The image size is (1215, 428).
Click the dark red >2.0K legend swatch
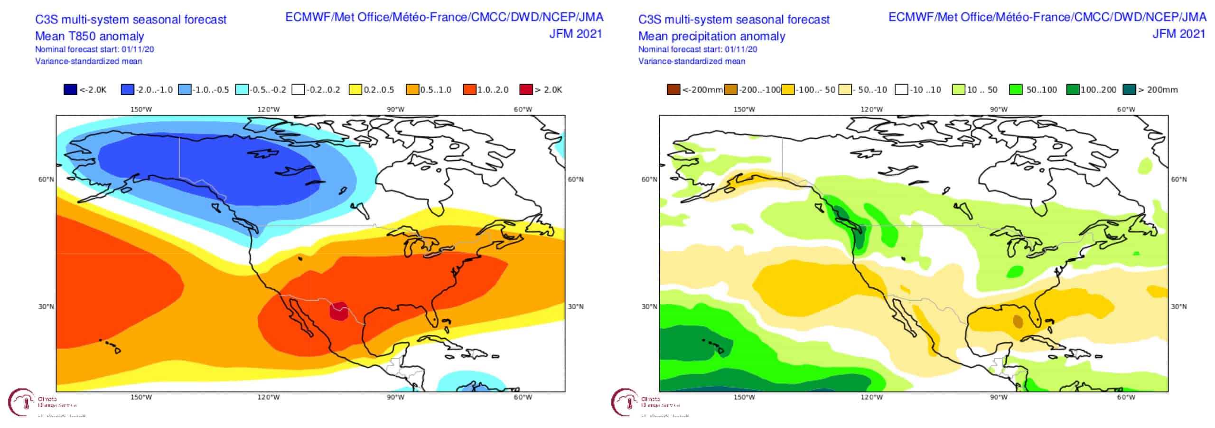point(526,89)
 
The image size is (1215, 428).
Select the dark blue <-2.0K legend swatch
point(70,89)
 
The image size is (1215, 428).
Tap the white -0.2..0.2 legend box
point(299,89)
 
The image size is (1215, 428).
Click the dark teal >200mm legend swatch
point(1130,89)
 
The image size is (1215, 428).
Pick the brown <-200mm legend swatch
point(673,89)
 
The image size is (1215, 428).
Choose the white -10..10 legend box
point(901,89)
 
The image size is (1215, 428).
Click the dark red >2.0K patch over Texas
point(338,311)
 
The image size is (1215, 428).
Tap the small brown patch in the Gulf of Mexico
point(1018,322)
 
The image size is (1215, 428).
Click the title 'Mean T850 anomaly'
point(89,36)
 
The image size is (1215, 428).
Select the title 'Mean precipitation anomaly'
point(711,36)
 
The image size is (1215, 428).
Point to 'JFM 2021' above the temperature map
point(575,34)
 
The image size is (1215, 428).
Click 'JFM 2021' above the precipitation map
point(1179,34)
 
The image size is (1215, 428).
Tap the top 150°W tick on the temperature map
point(141,109)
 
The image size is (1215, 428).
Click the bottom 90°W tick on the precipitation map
point(999,397)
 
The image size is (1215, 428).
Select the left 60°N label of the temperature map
point(46,180)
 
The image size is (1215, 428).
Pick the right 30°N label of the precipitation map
point(1178,306)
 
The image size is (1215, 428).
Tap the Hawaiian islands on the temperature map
point(112,345)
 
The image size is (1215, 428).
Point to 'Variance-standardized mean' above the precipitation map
point(692,61)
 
